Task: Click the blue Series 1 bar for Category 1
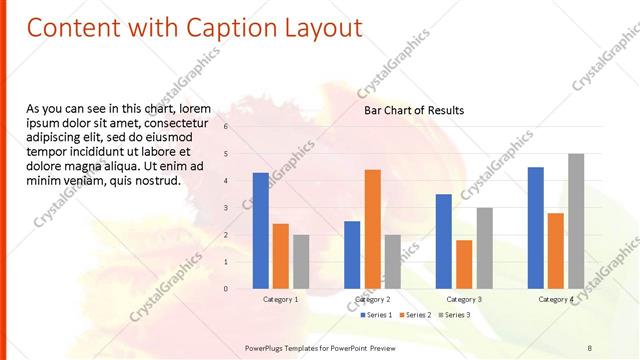point(260,230)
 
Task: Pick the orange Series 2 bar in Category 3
point(464,263)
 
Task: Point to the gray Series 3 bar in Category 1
point(301,261)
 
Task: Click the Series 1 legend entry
point(376,315)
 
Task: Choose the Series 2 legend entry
point(414,315)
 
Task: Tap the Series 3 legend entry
point(453,315)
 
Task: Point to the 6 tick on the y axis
point(226,127)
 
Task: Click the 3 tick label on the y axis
point(226,208)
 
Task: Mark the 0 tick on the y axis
point(226,289)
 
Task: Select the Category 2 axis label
point(372,299)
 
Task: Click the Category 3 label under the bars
point(464,299)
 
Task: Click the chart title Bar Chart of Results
point(414,110)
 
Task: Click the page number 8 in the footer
point(590,347)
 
